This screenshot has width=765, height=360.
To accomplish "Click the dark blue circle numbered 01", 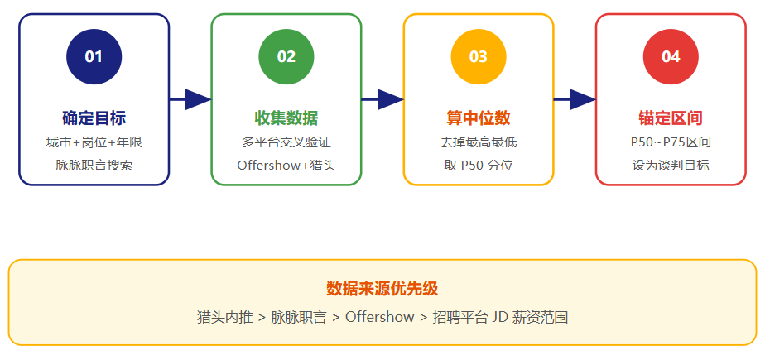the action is [x=94, y=56].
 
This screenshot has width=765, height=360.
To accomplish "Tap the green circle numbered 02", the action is [x=286, y=56].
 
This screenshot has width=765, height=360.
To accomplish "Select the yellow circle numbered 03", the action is [x=479, y=56].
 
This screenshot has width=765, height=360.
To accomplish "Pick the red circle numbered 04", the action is [x=671, y=56].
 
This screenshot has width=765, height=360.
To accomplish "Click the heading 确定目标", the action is [x=94, y=118].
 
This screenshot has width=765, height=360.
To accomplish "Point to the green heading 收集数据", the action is [x=286, y=118].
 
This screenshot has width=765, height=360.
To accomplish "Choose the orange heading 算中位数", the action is [x=479, y=118].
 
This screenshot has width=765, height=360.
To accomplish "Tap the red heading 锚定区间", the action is [x=671, y=118].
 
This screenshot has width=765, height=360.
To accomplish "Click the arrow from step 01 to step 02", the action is [x=190, y=99].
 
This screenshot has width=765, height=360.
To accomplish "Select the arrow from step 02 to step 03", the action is [x=382, y=99].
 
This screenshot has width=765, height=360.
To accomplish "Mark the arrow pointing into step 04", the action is [x=575, y=99].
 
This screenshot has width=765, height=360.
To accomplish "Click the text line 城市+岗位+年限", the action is [x=94, y=142].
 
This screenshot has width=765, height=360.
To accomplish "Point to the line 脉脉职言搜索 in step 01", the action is [x=94, y=166].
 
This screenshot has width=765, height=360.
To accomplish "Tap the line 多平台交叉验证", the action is [x=286, y=142].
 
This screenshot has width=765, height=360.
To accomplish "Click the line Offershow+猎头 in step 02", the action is [x=286, y=166].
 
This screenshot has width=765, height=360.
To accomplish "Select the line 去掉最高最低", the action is [x=479, y=142].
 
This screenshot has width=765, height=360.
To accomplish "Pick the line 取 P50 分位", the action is [x=479, y=166].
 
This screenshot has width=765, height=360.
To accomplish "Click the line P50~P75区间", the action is [x=671, y=142].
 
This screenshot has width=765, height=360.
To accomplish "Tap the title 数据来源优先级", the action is [x=382, y=289].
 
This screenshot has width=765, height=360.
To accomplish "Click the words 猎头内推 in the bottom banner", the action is [x=225, y=317].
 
